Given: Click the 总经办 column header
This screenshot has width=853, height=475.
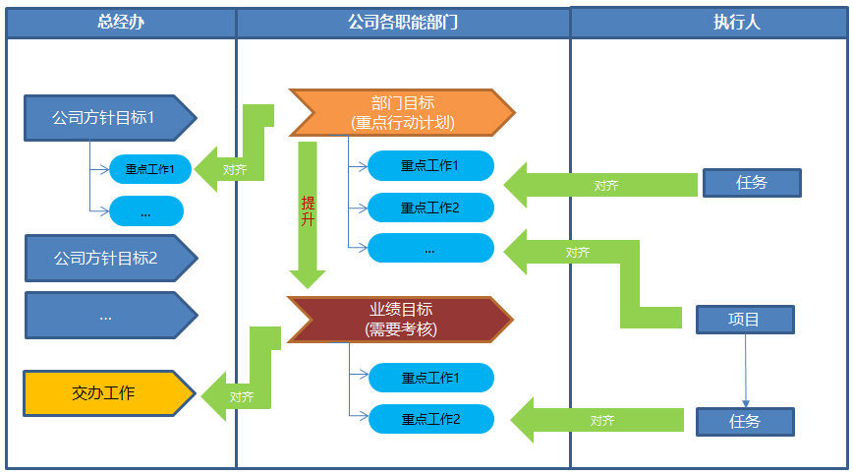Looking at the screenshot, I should click(121, 23).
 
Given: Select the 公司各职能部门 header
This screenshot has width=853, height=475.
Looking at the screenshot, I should click(403, 23).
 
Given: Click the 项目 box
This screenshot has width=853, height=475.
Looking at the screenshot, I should click(744, 320).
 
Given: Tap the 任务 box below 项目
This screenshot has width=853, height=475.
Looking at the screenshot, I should click(744, 421).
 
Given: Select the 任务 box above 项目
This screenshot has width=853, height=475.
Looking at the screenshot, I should click(751, 183).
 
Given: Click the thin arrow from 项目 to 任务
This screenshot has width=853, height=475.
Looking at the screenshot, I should click(745, 369).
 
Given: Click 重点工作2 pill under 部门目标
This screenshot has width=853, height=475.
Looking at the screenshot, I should click(430, 208).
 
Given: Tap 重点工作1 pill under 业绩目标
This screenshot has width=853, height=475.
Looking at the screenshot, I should click(430, 378).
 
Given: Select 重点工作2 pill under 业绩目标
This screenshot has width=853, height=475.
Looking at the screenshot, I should click(430, 419).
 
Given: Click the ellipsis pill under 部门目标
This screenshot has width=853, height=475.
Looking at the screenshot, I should click(430, 249).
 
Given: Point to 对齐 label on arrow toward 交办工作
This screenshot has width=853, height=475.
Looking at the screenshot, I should click(242, 397).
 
